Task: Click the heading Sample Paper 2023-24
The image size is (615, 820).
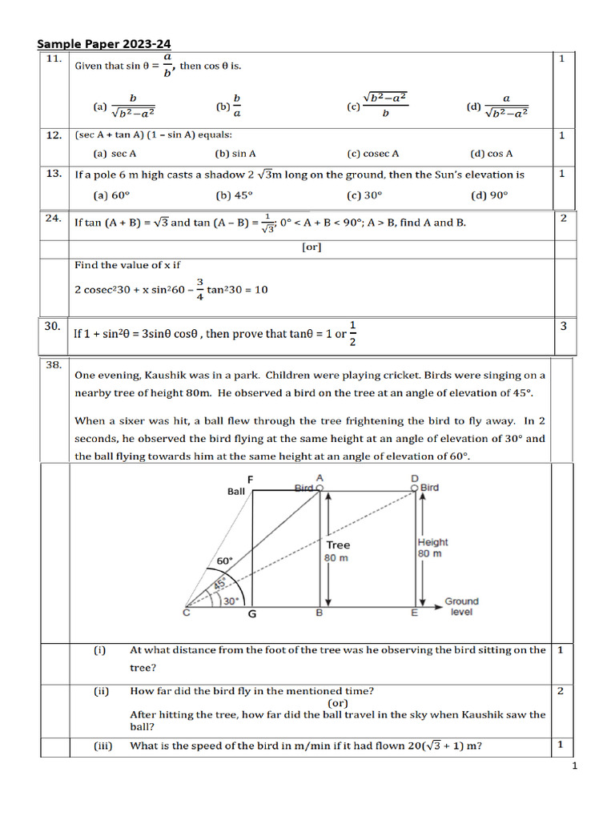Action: coord(105,45)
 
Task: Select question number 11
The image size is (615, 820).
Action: coord(54,59)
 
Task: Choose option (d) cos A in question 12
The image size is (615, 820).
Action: coord(492,154)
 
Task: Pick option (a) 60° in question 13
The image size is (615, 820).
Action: coord(111,195)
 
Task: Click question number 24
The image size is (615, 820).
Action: coord(54,218)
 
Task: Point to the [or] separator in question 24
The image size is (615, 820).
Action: coord(312,247)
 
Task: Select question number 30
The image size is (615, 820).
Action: coord(54,325)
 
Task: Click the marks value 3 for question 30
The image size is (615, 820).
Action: coord(563,325)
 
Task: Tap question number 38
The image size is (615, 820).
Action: coord(54,364)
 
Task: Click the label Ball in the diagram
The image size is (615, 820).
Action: coord(236,492)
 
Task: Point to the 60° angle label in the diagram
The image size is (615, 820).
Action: coord(224,561)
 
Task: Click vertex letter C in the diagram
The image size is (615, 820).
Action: coord(187,613)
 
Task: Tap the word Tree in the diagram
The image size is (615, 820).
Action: coord(338,545)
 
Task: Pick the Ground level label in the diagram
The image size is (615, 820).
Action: coord(461,606)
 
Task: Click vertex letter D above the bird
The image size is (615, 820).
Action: coord(414,478)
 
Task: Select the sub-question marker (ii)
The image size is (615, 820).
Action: coord(102,690)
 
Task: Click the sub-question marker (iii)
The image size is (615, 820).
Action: coord(102,746)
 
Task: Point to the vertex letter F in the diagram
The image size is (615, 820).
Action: coord(251,479)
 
